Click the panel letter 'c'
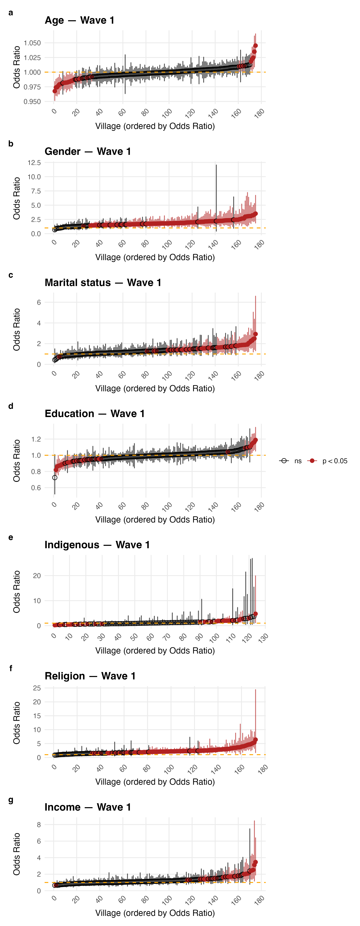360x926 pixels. [11, 275]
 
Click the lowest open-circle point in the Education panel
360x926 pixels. [55, 478]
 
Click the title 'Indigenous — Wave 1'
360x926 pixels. [97, 545]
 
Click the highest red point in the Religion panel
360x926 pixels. [255, 740]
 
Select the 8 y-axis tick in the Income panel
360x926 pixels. [39, 825]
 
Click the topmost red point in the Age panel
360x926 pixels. [255, 46]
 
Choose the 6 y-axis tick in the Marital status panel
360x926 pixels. [39, 302]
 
